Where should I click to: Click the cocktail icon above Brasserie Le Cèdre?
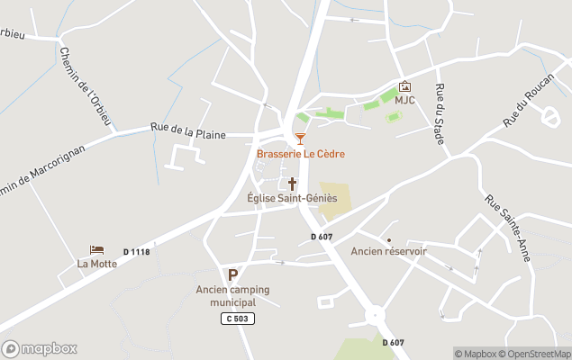[x=300, y=139]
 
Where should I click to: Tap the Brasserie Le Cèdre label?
[x=300, y=154]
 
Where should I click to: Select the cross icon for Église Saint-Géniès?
[x=292, y=184]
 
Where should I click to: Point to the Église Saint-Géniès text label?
[x=292, y=198]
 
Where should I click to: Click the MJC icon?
[x=404, y=86]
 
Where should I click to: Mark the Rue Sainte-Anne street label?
[x=507, y=229]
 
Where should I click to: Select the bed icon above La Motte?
[x=96, y=249]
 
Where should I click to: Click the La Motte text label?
[x=96, y=264]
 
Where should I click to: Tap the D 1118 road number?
[x=136, y=252]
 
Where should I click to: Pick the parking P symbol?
[x=232, y=274]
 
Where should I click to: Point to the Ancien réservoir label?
[x=388, y=251]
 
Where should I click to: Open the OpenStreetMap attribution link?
[x=537, y=354]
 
